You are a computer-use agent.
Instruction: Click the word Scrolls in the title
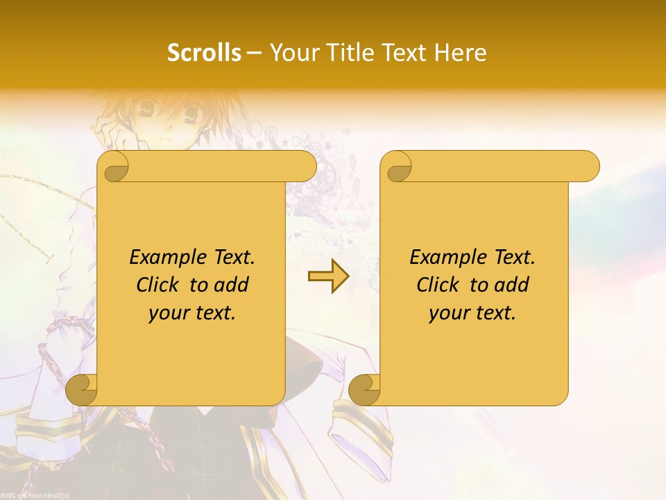(204, 52)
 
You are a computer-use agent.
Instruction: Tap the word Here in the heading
(460, 52)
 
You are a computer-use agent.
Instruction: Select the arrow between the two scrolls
(328, 276)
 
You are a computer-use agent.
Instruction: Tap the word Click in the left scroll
(159, 285)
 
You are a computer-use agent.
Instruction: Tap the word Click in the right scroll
(439, 285)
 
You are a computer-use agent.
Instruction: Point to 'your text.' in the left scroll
(192, 312)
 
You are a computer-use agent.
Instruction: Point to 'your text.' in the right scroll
(472, 312)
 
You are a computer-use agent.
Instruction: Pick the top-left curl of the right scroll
(397, 167)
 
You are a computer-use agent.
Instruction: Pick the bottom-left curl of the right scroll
(365, 390)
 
